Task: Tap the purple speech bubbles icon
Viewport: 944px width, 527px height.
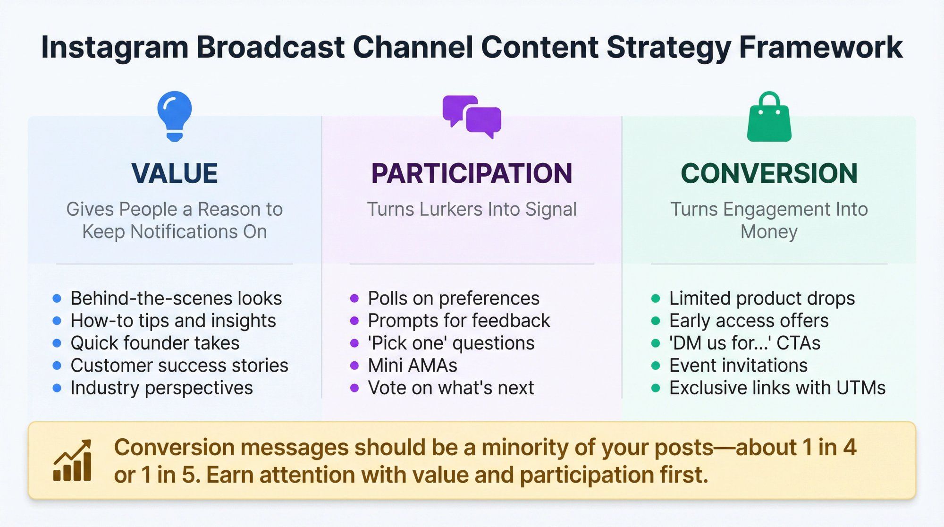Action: (472, 116)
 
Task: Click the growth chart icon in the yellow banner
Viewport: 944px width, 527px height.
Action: (72, 461)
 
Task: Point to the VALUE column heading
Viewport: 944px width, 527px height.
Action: (175, 173)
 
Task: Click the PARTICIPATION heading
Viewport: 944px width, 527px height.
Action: (472, 173)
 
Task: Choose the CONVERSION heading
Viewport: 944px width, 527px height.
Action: (769, 173)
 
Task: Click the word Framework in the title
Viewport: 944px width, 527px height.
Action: (820, 47)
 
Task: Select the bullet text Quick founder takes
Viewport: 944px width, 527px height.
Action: (155, 343)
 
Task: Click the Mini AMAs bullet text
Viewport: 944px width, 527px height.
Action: (413, 365)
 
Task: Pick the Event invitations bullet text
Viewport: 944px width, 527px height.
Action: (738, 365)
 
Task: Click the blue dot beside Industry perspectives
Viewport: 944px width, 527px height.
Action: (57, 388)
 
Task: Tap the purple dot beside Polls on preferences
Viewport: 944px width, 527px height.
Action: (354, 298)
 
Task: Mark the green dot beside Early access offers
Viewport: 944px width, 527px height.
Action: (656, 321)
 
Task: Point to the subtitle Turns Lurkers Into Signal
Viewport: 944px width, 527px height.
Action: (472, 209)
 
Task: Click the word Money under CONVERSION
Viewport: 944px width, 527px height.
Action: (769, 232)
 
